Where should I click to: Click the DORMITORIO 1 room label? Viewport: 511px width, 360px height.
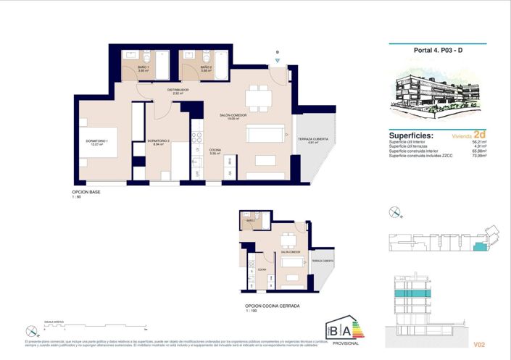tap(96, 141)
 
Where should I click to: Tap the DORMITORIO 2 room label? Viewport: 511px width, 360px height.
tap(158, 141)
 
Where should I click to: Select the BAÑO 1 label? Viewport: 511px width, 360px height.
tap(144, 67)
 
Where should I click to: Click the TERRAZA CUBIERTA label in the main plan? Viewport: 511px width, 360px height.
tap(313, 138)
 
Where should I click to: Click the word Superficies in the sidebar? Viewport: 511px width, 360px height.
tap(411, 135)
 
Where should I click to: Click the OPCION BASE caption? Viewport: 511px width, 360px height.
tap(86, 192)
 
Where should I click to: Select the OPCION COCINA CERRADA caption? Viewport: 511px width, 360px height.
tap(273, 306)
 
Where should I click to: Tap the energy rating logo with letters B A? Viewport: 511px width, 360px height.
tap(344, 329)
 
